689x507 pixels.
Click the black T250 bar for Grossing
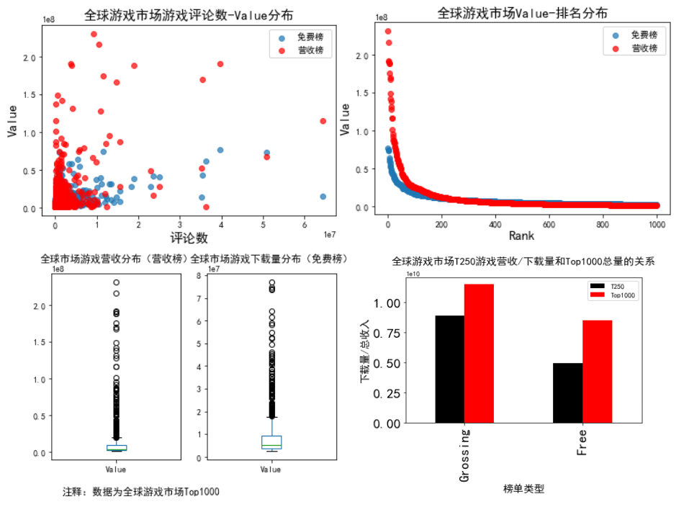point(449,369)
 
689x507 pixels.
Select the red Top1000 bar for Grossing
point(479,354)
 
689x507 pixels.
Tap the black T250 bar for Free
point(567,393)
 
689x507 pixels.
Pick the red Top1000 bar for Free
point(597,372)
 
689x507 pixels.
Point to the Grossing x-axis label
point(464,456)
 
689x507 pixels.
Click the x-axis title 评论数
point(189,237)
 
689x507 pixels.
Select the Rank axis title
point(521,235)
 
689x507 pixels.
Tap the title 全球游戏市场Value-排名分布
point(522,14)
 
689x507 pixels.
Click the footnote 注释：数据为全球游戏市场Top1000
point(141,492)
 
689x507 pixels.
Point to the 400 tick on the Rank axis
point(494,223)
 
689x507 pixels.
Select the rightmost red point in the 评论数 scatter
point(323,121)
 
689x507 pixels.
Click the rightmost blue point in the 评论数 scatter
point(323,197)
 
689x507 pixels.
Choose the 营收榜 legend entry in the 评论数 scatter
point(302,50)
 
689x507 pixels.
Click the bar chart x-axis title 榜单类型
point(523,490)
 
